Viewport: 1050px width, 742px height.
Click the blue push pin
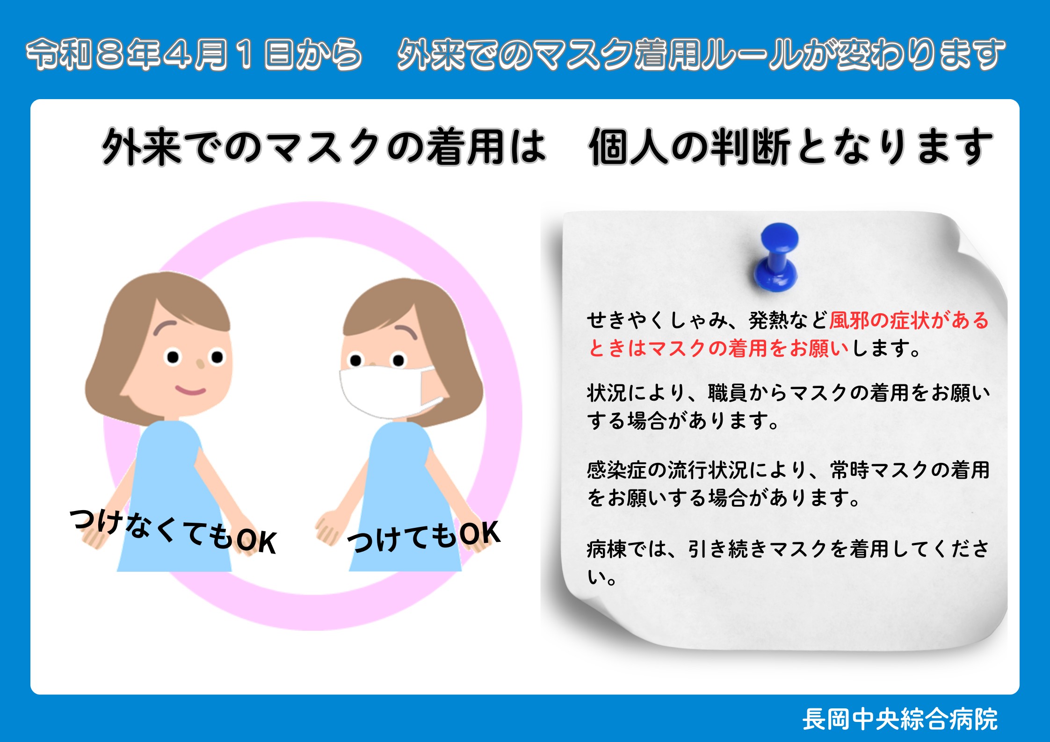(x=776, y=257)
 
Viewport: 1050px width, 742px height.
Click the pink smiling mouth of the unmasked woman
(x=190, y=389)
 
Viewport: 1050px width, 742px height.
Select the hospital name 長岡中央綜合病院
(x=900, y=719)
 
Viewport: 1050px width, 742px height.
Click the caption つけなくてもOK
(x=173, y=532)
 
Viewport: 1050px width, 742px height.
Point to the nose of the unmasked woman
(x=200, y=363)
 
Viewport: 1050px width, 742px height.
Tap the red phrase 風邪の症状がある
(x=909, y=320)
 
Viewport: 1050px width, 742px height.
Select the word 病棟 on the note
(x=607, y=549)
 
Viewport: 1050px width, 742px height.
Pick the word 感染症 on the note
(x=617, y=470)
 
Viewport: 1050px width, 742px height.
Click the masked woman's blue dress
(x=405, y=496)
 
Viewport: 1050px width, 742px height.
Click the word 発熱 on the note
(x=768, y=320)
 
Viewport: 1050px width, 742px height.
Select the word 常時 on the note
(x=850, y=470)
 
